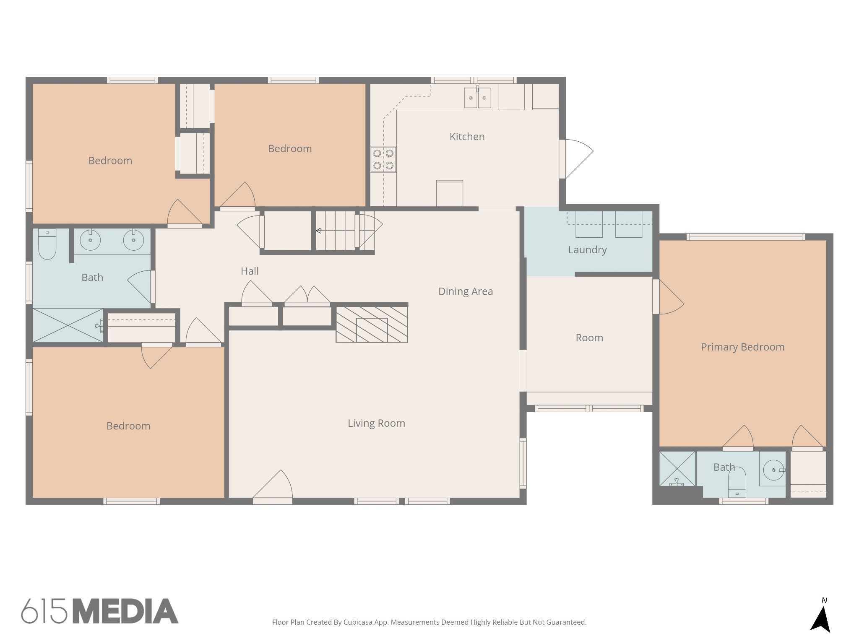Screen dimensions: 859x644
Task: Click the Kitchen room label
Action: (467, 137)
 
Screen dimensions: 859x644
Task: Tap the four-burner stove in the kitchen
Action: (383, 159)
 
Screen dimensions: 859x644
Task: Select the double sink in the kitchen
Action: (477, 98)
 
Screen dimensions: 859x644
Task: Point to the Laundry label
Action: (587, 250)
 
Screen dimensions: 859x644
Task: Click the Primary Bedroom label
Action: (742, 347)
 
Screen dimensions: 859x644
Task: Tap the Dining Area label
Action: (466, 291)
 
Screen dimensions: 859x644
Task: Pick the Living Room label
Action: (376, 423)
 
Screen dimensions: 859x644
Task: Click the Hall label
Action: (250, 271)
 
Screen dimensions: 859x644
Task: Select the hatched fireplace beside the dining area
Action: (372, 325)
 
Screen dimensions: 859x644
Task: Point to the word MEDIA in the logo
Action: (126, 611)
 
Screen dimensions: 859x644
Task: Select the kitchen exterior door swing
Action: (576, 159)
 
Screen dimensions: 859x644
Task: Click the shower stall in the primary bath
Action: (677, 469)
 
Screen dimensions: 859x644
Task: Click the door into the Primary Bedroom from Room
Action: (668, 297)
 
